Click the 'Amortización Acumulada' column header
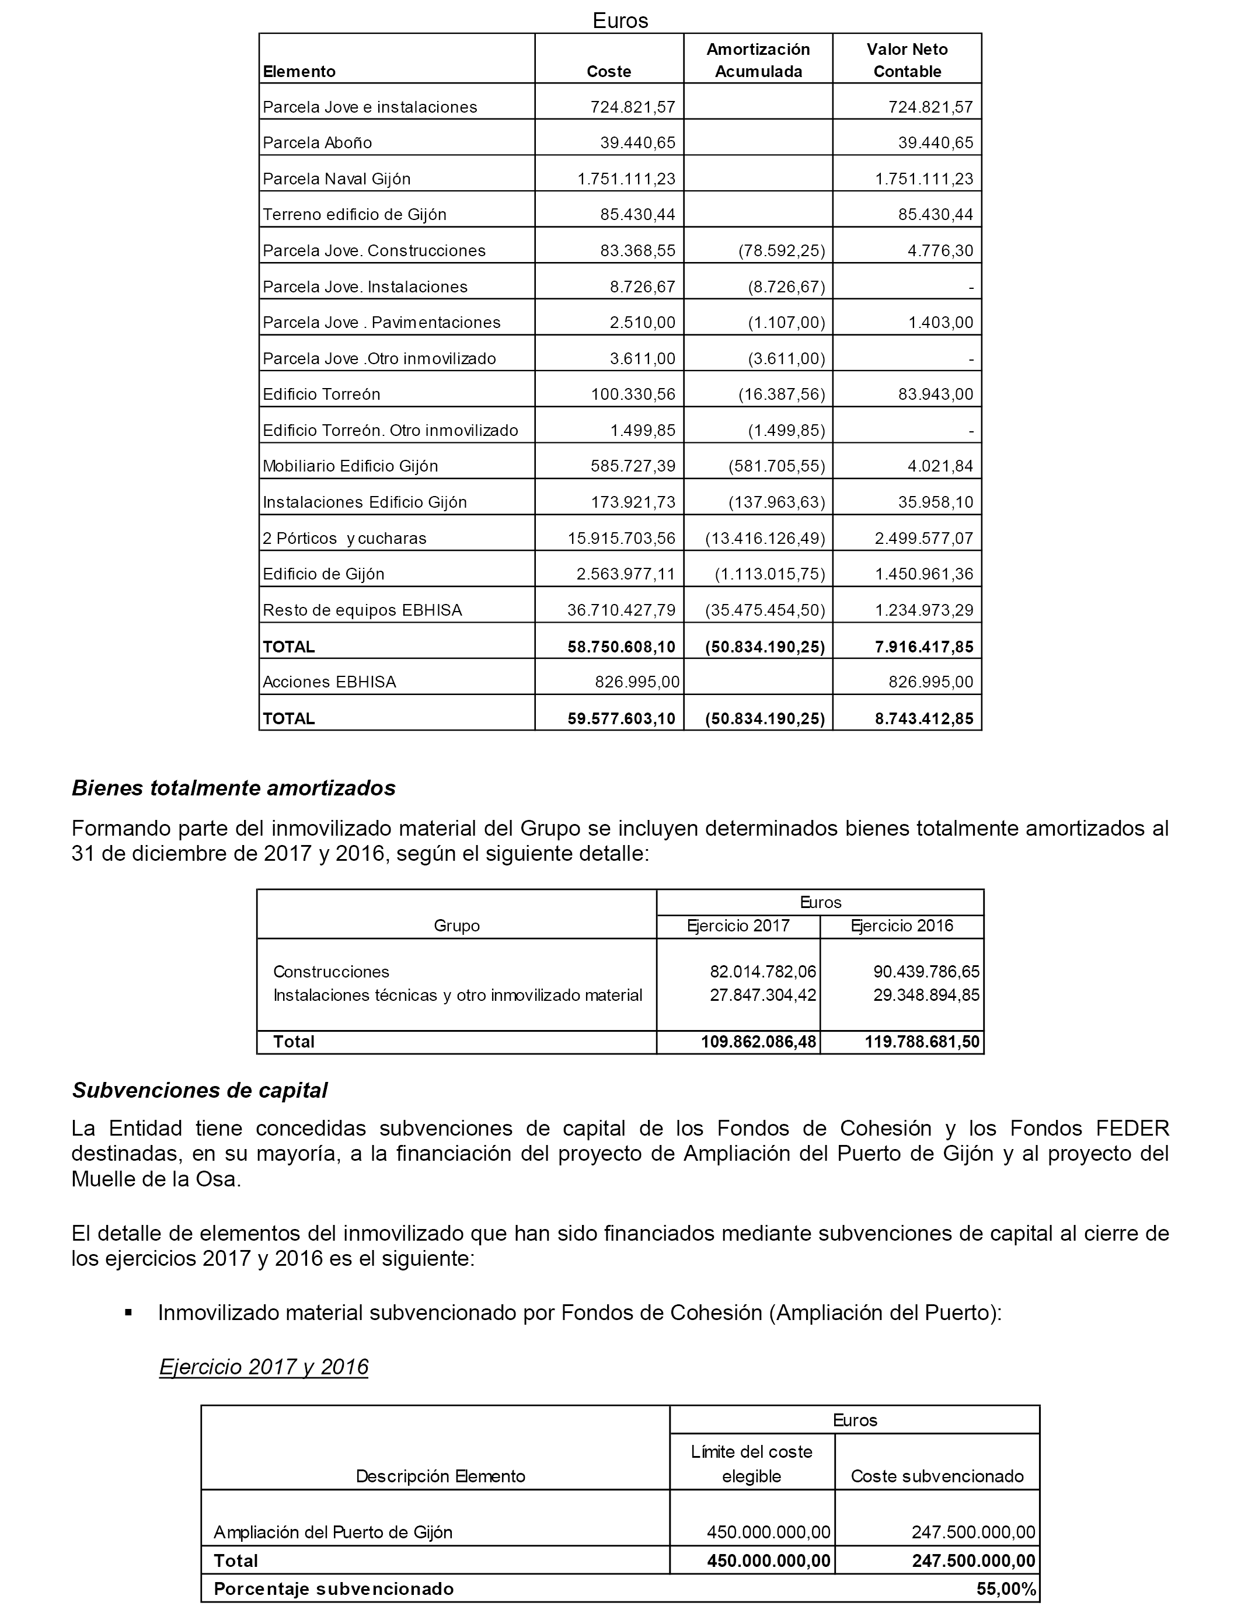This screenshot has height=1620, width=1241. coord(758,61)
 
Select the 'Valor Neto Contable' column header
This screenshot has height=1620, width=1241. coord(907,61)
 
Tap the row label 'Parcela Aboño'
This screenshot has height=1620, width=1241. coord(318,142)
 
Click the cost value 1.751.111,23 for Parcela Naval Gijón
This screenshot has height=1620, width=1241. coord(626,179)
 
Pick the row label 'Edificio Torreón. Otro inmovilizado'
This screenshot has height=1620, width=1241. coord(390,431)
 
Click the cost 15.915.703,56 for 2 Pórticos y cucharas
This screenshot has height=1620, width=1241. coord(621,538)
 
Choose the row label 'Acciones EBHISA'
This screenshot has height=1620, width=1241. coord(329,682)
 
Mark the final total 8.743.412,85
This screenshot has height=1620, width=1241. coord(924,718)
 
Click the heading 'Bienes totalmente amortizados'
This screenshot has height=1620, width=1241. coord(233,788)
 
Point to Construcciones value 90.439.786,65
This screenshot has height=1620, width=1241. coord(926,972)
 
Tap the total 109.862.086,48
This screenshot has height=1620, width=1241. coord(759,1042)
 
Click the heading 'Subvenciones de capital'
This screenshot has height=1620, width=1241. coord(200,1091)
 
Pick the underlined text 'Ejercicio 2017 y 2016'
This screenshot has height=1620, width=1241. coord(264,1367)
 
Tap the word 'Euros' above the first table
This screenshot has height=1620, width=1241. coord(620,20)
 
